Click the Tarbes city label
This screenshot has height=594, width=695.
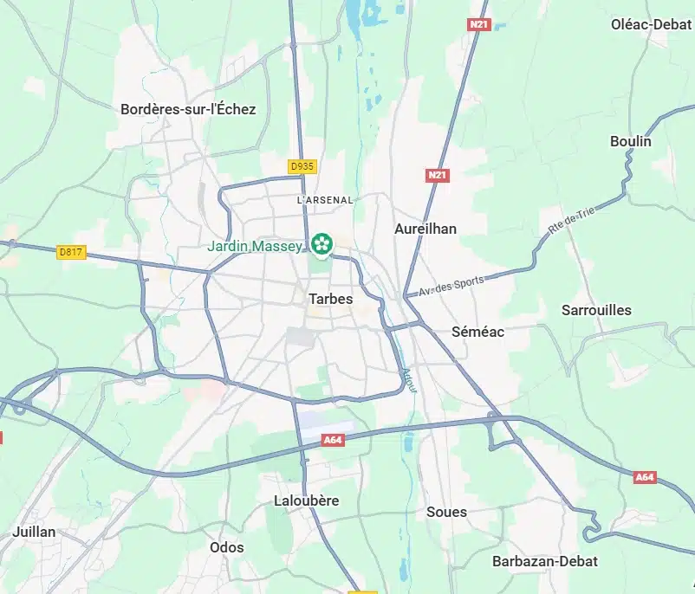[x=330, y=299]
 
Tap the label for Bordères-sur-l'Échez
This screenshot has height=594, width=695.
[x=188, y=109]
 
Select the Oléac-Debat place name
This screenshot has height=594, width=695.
[x=650, y=23]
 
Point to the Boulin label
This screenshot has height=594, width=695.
[x=630, y=141]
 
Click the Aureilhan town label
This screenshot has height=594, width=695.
[x=425, y=229]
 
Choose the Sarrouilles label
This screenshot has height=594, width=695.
[x=596, y=310]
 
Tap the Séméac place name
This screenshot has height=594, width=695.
[x=477, y=332]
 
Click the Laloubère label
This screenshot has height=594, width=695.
[x=306, y=500]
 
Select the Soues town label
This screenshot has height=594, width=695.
[x=446, y=512]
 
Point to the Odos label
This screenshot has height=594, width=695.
[x=226, y=547]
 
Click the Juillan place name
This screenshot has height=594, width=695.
[x=35, y=532]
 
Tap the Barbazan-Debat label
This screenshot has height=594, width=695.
[x=544, y=561]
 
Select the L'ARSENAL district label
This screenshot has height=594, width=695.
[x=325, y=200]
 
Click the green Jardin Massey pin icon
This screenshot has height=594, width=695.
[x=322, y=242]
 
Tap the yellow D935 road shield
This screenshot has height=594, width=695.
[x=302, y=165]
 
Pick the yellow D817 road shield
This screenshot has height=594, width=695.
[x=71, y=252]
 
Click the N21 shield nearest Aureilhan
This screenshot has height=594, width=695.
[x=438, y=176]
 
